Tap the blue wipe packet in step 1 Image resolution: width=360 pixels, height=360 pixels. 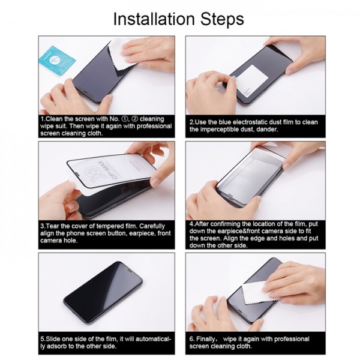(56, 61)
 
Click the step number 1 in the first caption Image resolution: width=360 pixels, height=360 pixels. (42, 119)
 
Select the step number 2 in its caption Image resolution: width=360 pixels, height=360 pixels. (190, 122)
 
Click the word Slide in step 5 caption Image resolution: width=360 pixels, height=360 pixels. (56, 338)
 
